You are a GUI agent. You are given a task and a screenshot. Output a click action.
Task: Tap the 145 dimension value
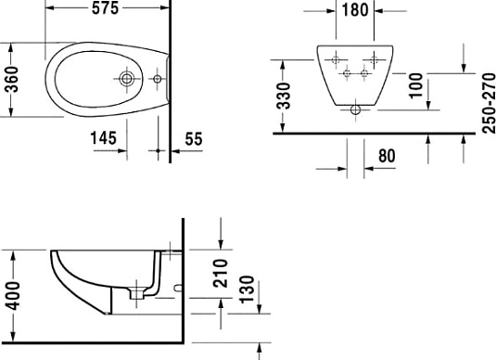(x=103, y=138)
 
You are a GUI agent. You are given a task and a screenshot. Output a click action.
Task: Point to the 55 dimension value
(x=194, y=138)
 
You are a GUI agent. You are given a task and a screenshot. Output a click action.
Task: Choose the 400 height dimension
(x=12, y=295)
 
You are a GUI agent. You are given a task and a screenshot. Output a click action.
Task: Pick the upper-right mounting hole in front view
(x=375, y=60)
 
